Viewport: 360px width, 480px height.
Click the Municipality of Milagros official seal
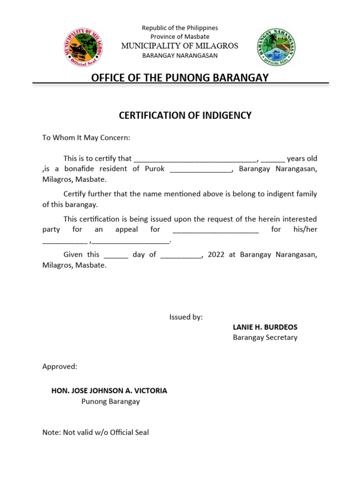(84, 47)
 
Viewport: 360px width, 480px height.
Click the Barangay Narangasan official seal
(276, 47)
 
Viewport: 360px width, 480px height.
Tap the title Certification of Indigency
(185, 115)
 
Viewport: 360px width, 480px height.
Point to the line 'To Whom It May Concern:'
(86, 138)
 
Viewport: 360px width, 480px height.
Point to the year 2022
(216, 255)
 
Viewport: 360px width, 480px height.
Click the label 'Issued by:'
(186, 317)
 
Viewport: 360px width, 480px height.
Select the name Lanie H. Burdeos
(265, 327)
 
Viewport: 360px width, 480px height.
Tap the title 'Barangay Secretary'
(265, 337)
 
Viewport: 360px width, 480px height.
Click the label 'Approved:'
(60, 367)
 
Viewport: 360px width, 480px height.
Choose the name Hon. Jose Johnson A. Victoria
(109, 390)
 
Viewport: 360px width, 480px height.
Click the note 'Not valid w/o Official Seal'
(96, 433)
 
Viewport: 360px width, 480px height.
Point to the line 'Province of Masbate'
(180, 37)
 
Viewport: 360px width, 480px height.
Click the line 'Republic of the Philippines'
(180, 28)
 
